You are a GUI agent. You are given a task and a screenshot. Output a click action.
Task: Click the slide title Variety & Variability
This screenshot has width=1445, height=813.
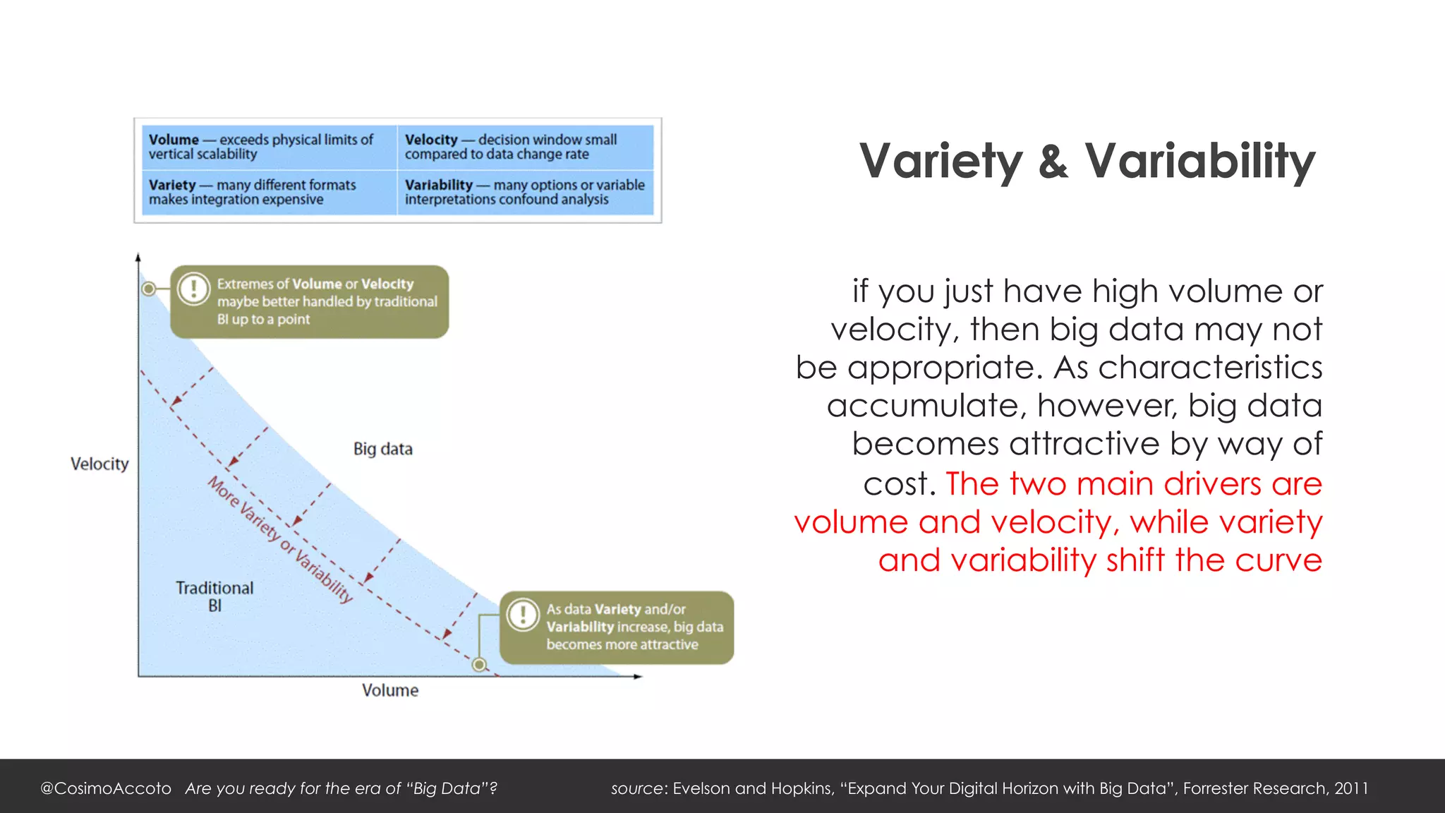[1087, 162]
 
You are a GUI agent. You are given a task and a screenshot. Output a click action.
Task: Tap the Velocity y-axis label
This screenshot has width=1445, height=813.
[99, 464]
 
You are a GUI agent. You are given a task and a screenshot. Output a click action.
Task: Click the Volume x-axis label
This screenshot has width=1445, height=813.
[389, 690]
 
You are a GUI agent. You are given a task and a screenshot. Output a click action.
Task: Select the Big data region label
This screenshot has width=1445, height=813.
[382, 449]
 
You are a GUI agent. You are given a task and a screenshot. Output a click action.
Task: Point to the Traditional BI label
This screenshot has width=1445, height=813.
[214, 596]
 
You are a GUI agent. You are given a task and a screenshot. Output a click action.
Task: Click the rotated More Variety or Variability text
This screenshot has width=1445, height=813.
[280, 539]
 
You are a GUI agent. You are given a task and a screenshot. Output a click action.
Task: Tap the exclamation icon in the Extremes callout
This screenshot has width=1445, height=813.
[193, 288]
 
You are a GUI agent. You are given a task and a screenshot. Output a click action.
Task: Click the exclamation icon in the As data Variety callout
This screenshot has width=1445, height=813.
[523, 614]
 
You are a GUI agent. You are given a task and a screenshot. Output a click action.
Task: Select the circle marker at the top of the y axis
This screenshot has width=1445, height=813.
[149, 289]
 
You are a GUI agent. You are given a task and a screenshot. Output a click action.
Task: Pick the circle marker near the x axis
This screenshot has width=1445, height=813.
[479, 664]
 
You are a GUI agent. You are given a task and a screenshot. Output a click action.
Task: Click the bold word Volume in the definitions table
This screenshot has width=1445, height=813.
[174, 140]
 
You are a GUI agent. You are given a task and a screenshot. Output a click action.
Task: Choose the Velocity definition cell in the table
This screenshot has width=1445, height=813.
[525, 147]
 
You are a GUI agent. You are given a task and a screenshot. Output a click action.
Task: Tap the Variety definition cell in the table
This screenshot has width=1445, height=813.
[268, 192]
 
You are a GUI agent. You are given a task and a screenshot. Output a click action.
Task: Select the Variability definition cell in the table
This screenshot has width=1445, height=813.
[525, 192]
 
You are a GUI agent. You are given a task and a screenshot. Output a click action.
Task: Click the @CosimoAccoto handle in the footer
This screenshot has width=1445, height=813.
[106, 788]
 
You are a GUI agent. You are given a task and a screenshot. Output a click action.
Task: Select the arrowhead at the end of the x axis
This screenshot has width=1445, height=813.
[638, 677]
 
